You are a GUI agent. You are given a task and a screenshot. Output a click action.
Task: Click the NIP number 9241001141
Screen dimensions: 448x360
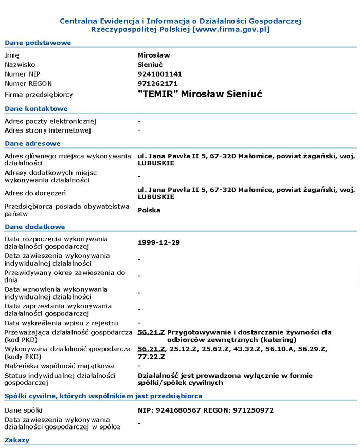(x=160, y=74)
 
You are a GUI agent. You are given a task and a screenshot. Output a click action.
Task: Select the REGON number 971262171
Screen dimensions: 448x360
(x=158, y=83)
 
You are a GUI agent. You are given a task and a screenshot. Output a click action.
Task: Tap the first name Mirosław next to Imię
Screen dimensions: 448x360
(x=154, y=55)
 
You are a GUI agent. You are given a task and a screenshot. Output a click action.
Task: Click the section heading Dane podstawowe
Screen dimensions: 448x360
(x=38, y=43)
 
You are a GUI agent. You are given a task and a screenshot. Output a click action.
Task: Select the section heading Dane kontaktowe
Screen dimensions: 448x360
(x=36, y=109)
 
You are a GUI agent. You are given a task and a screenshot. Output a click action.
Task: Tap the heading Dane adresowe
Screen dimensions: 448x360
(x=32, y=144)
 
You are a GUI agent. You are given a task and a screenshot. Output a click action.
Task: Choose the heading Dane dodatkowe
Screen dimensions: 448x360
(x=34, y=227)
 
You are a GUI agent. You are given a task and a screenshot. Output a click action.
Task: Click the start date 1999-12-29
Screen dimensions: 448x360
(x=159, y=242)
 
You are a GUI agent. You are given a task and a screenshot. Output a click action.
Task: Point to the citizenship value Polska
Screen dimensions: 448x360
(x=149, y=210)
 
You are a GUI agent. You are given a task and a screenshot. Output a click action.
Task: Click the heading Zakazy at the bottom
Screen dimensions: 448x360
(x=17, y=440)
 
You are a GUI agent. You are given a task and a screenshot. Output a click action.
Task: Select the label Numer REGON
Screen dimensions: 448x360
(x=28, y=83)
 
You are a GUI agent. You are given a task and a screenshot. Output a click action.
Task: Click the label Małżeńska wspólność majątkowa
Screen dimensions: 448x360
(x=59, y=366)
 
